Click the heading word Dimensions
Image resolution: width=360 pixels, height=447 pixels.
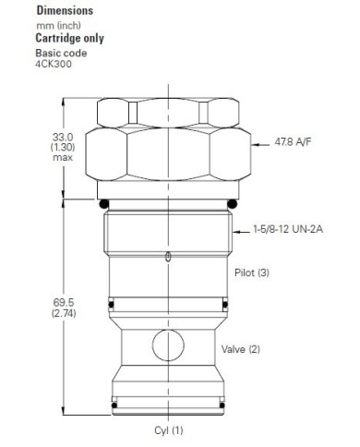point(56,11)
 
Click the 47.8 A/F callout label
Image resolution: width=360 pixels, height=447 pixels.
point(294,142)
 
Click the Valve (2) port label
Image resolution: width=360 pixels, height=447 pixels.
point(241,349)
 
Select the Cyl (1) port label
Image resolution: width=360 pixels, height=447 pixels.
point(169,430)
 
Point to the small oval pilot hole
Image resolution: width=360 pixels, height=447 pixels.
point(167,257)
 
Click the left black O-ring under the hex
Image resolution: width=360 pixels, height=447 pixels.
point(104,203)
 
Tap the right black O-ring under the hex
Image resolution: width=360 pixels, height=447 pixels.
point(233,203)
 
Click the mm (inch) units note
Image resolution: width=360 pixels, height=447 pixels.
point(54,26)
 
